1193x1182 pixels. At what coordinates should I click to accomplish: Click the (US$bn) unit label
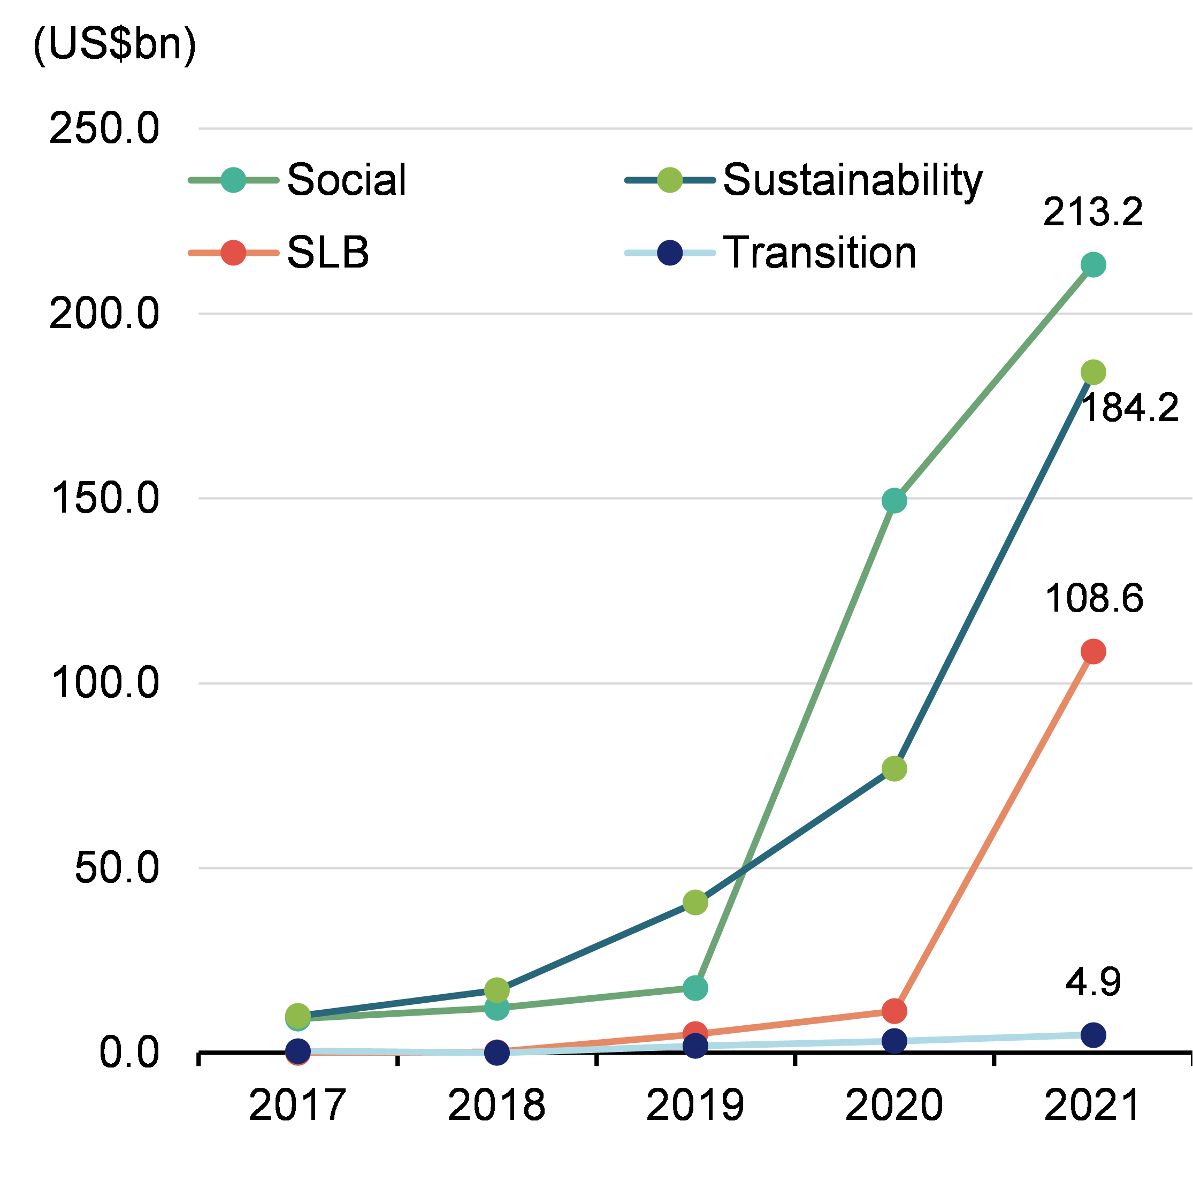point(114,44)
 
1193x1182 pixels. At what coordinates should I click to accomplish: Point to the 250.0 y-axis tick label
point(104,128)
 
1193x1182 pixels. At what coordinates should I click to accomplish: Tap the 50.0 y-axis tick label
point(117,868)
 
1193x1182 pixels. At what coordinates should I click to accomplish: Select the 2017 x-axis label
point(297,1105)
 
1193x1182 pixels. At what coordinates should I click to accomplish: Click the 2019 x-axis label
point(695,1105)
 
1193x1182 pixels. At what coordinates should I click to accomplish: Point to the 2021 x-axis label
point(1092,1105)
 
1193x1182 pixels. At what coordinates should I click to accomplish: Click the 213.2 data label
point(1093,212)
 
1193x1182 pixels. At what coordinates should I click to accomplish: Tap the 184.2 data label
point(1130,408)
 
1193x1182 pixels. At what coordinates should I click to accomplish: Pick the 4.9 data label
point(1093,982)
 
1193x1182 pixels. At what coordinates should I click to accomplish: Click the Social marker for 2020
point(894,500)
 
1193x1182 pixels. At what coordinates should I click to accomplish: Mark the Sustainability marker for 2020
point(894,769)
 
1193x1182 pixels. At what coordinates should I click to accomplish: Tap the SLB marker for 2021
point(1093,652)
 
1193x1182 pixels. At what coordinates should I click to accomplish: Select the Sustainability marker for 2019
point(695,902)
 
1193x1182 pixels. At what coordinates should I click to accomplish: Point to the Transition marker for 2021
point(1093,1035)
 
